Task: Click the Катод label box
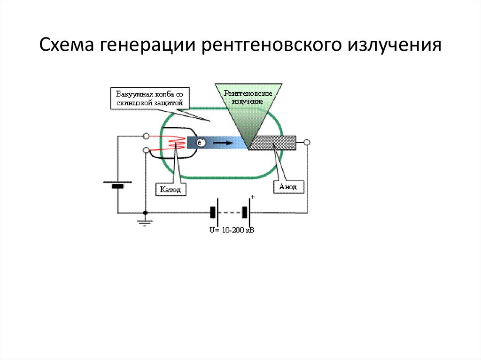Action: (x=168, y=189)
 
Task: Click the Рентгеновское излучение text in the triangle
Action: (x=248, y=97)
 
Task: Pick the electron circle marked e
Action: (x=200, y=143)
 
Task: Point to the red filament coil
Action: (x=175, y=141)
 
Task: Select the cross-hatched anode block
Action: (x=272, y=143)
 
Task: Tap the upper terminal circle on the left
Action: (x=146, y=136)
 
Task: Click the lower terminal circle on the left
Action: (x=146, y=150)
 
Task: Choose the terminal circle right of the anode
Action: (x=307, y=142)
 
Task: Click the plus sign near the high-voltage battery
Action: (x=253, y=198)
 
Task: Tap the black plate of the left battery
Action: (x=117, y=186)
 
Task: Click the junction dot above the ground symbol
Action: (x=146, y=213)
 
